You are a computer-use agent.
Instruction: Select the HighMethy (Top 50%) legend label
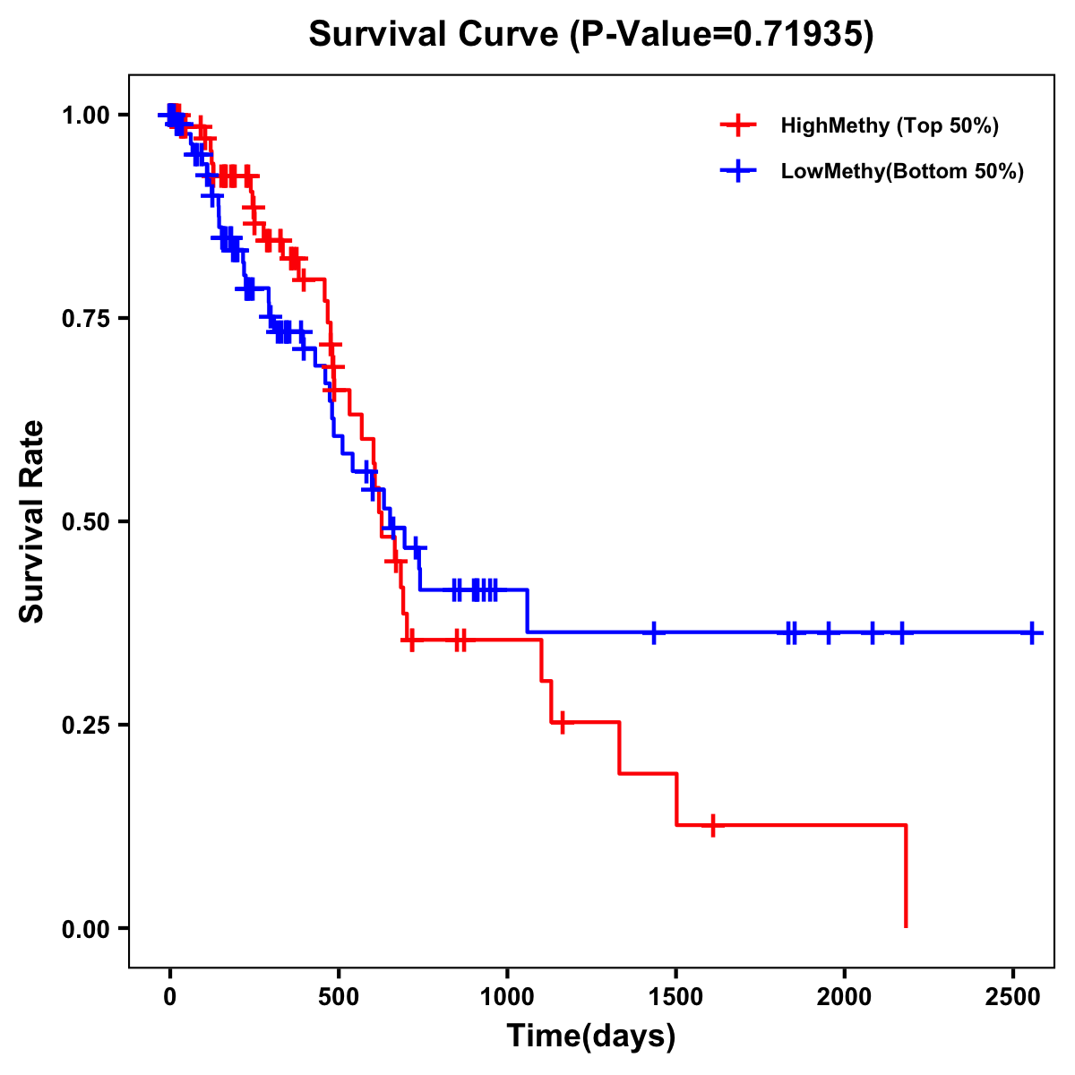click(890, 125)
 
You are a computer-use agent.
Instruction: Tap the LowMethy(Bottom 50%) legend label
click(902, 171)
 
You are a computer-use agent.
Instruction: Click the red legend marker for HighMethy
click(737, 125)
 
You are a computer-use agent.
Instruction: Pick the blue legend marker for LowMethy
click(737, 171)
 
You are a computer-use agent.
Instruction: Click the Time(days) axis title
click(591, 1036)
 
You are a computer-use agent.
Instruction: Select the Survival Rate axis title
click(32, 520)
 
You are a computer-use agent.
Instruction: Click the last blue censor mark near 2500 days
click(1032, 632)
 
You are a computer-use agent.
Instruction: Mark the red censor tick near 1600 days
click(713, 824)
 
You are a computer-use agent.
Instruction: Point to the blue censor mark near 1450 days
click(654, 632)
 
